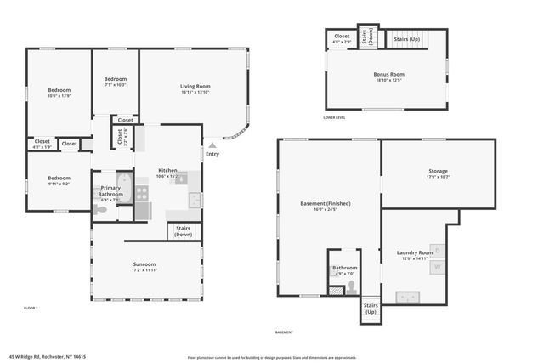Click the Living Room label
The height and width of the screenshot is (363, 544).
click(x=195, y=87)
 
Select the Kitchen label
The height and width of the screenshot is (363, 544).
click(x=167, y=171)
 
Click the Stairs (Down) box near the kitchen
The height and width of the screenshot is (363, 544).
click(x=184, y=230)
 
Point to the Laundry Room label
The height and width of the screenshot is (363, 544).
click(x=415, y=253)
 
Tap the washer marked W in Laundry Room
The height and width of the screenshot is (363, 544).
click(x=438, y=267)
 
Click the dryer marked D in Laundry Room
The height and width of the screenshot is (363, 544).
click(x=438, y=249)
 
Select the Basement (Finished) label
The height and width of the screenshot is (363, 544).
click(x=326, y=204)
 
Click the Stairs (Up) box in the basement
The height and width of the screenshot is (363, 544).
click(x=371, y=308)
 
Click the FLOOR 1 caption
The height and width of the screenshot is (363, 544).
click(x=31, y=307)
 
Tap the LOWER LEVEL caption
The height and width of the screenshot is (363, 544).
click(x=334, y=117)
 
